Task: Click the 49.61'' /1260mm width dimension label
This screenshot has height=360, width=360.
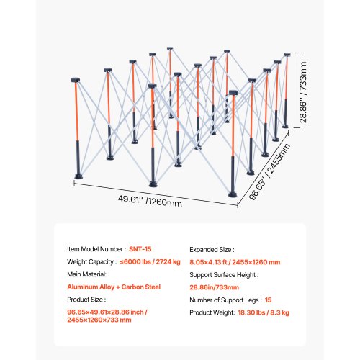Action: click(150, 201)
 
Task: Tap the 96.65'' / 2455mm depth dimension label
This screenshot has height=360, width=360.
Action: click(269, 171)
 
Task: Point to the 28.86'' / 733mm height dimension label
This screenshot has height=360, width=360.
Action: click(303, 92)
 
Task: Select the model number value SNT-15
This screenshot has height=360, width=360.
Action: click(140, 249)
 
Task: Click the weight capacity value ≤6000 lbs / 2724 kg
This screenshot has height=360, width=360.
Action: click(150, 262)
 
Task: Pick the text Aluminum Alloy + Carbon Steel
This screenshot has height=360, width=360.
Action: click(114, 287)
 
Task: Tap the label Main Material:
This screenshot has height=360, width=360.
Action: click(86, 274)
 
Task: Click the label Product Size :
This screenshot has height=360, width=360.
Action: click(86, 300)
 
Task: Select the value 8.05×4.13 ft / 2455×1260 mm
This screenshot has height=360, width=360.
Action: click(235, 262)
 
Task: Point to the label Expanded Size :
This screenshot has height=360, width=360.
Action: click(212, 250)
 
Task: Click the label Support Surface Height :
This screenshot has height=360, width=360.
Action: click(224, 275)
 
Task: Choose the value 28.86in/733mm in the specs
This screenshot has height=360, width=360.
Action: click(214, 287)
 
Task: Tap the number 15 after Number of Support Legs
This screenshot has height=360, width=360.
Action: click(268, 300)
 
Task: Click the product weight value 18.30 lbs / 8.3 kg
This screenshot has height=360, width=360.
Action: click(264, 312)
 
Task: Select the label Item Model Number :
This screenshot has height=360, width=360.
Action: click(96, 249)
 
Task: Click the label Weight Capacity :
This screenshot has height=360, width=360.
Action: click(92, 262)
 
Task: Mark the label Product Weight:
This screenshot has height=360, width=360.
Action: click(212, 312)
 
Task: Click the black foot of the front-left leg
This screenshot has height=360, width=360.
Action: click(78, 176)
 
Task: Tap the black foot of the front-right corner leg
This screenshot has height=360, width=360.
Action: click(233, 194)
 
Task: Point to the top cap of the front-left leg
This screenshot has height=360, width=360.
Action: click(76, 80)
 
